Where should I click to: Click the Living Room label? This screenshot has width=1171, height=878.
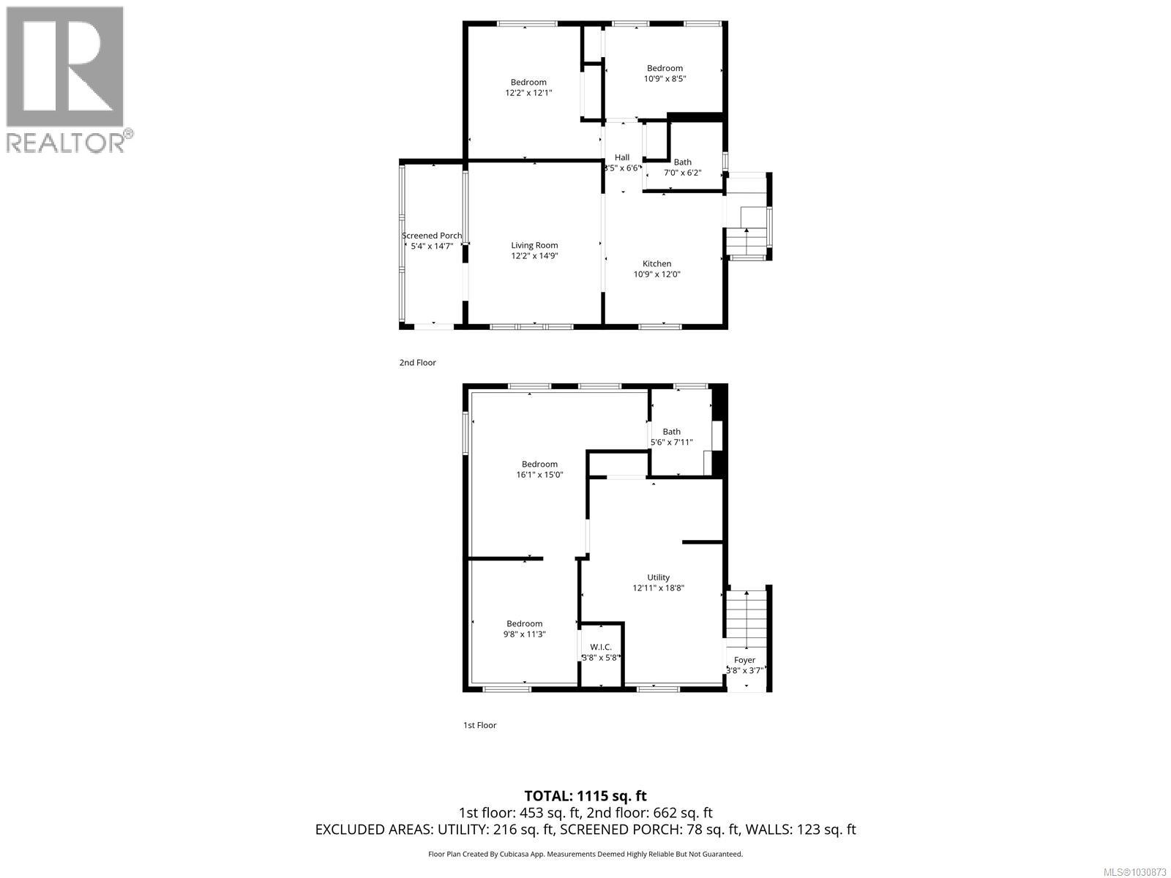pyautogui.click(x=534, y=246)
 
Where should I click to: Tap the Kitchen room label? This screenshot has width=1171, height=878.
pyautogui.click(x=656, y=264)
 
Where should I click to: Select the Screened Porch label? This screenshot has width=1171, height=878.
pyautogui.click(x=432, y=236)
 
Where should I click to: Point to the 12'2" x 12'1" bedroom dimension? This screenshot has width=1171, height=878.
pyautogui.click(x=528, y=93)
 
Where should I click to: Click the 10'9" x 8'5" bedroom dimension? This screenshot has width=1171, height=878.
pyautogui.click(x=665, y=79)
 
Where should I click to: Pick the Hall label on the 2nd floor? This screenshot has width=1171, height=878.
pyautogui.click(x=622, y=157)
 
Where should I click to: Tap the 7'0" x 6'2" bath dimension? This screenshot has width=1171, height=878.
pyautogui.click(x=682, y=173)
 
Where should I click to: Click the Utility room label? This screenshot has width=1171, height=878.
pyautogui.click(x=658, y=577)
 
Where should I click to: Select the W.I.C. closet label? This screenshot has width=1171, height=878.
pyautogui.click(x=600, y=647)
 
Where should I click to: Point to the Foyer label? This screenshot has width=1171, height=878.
pyautogui.click(x=744, y=660)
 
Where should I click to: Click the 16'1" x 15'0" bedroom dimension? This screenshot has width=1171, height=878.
pyautogui.click(x=539, y=475)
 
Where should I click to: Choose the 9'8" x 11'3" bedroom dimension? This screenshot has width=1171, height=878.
pyautogui.click(x=524, y=634)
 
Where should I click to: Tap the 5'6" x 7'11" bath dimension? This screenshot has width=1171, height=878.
pyautogui.click(x=671, y=442)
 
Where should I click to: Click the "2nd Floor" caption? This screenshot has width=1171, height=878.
pyautogui.click(x=417, y=363)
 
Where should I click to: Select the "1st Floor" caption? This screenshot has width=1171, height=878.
pyautogui.click(x=479, y=725)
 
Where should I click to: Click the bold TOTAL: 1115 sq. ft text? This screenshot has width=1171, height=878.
pyautogui.click(x=585, y=795)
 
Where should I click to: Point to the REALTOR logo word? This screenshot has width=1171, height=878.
pyautogui.click(x=66, y=142)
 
